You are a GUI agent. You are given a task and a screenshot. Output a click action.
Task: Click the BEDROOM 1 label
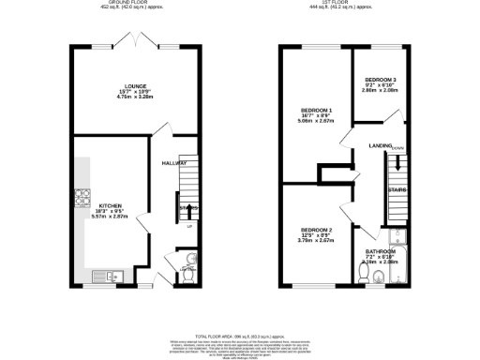[316, 110]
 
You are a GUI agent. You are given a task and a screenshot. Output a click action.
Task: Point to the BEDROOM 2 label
[316, 230]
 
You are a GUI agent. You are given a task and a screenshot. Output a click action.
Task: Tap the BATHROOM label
[381, 251]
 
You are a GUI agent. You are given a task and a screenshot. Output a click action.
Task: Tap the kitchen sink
[111, 274]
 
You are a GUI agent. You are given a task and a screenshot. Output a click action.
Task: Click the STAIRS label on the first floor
[397, 189]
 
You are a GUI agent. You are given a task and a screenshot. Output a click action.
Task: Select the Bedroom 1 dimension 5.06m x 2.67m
[316, 121]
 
